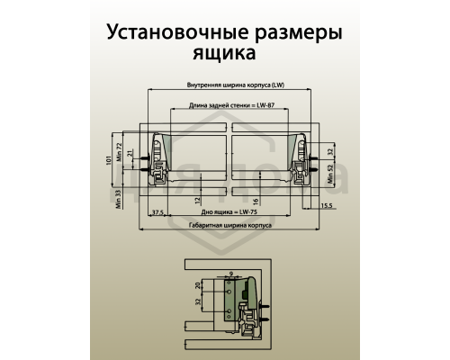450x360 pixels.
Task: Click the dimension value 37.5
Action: coord(157,212)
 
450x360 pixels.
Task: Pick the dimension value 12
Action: coord(197,200)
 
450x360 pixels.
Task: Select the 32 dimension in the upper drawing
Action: coord(330,154)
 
